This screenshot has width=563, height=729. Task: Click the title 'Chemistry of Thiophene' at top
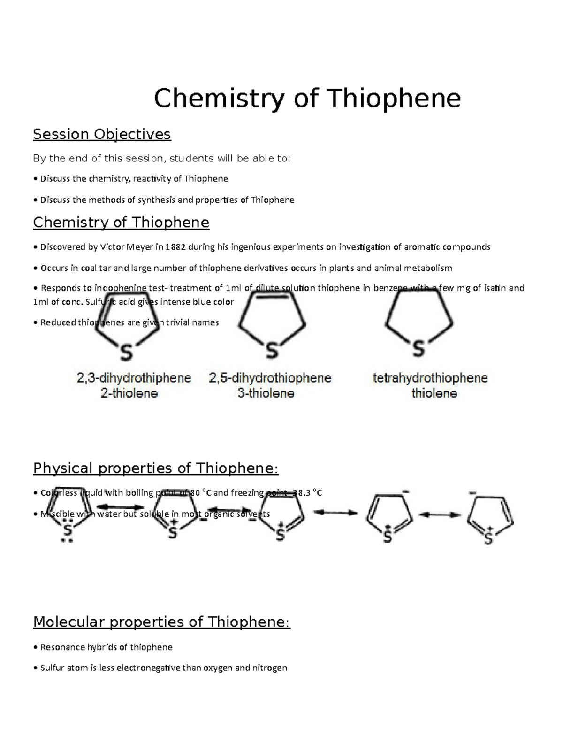[x=307, y=99]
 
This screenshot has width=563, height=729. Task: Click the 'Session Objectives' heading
[x=102, y=134]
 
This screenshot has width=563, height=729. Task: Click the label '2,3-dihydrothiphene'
[x=134, y=378]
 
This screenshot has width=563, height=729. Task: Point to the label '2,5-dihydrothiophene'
[x=270, y=378]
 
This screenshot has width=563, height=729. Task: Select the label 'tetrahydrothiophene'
[x=430, y=378]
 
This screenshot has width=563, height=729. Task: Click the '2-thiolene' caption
[x=129, y=393]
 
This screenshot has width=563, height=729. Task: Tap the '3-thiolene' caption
[x=266, y=393]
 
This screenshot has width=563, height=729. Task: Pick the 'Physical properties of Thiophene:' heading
[x=156, y=468]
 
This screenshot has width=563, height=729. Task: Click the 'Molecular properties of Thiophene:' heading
[x=162, y=622]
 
